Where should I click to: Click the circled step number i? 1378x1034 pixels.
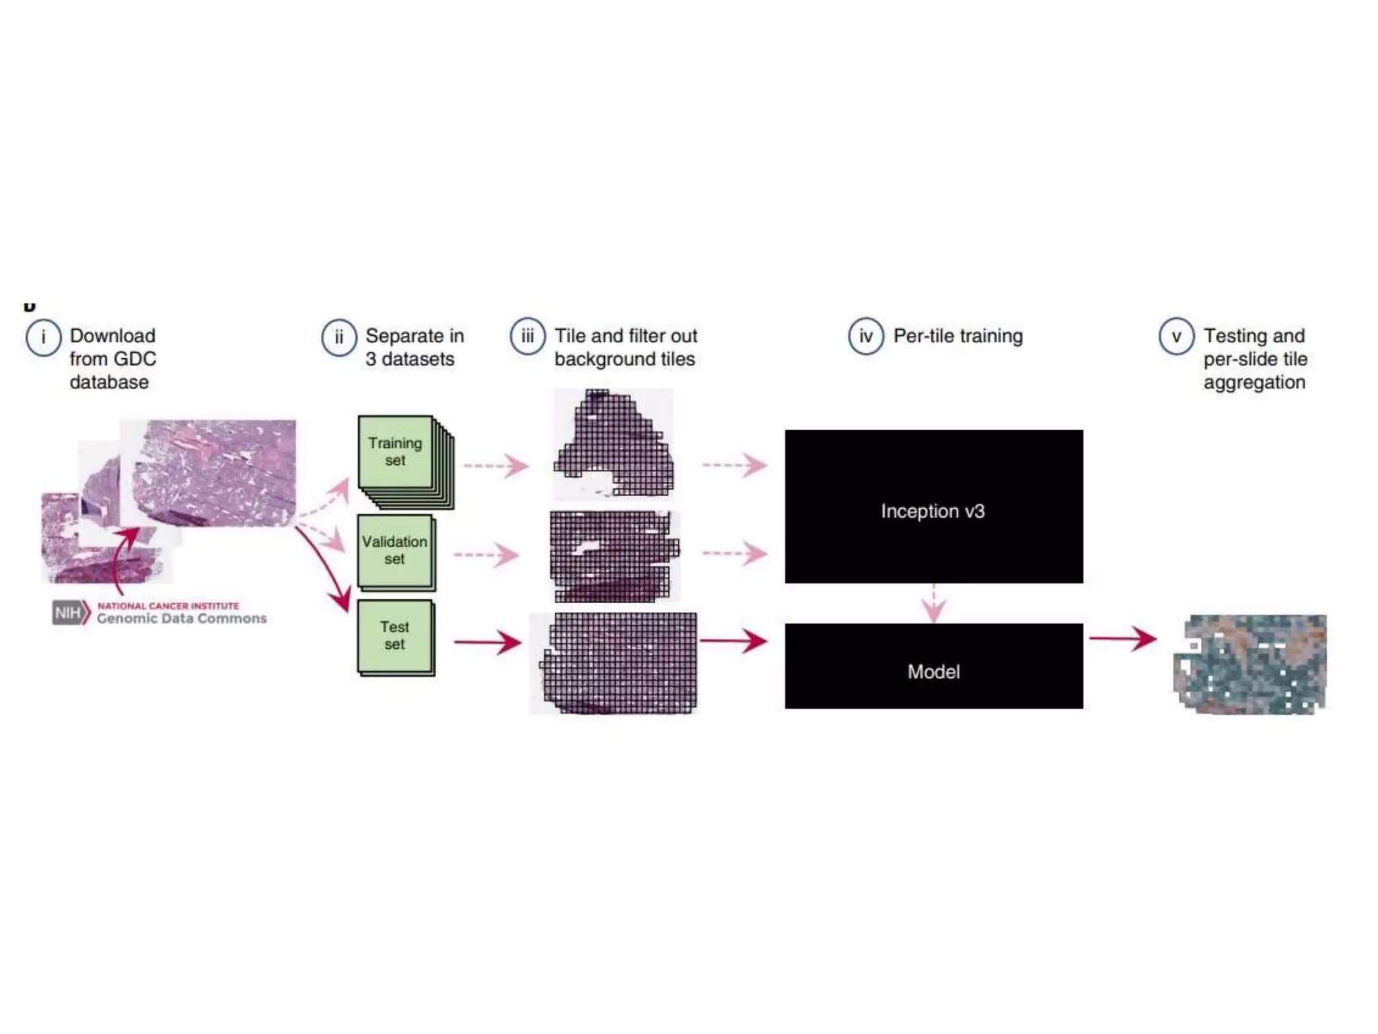tap(44, 337)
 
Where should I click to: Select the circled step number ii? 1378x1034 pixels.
tap(339, 337)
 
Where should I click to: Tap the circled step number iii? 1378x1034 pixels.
tap(528, 336)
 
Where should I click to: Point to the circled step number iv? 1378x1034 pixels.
tap(866, 336)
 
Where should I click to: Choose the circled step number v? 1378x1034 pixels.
tap(1176, 336)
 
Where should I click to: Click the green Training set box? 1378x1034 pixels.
tap(396, 452)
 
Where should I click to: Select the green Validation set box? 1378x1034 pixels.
tap(395, 551)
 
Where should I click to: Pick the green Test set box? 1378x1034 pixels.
tap(395, 636)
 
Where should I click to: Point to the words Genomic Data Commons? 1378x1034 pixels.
tap(182, 619)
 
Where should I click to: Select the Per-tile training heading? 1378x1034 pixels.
tap(957, 336)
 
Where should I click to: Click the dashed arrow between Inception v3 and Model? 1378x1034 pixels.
tap(933, 603)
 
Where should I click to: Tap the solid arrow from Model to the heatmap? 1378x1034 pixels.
tap(1122, 638)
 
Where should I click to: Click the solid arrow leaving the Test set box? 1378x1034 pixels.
tap(487, 642)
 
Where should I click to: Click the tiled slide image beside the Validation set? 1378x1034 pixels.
tap(614, 556)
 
